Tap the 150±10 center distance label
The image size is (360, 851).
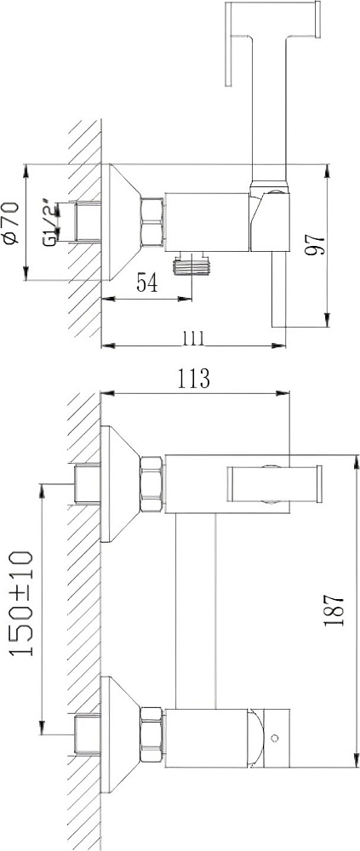[x=23, y=603]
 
